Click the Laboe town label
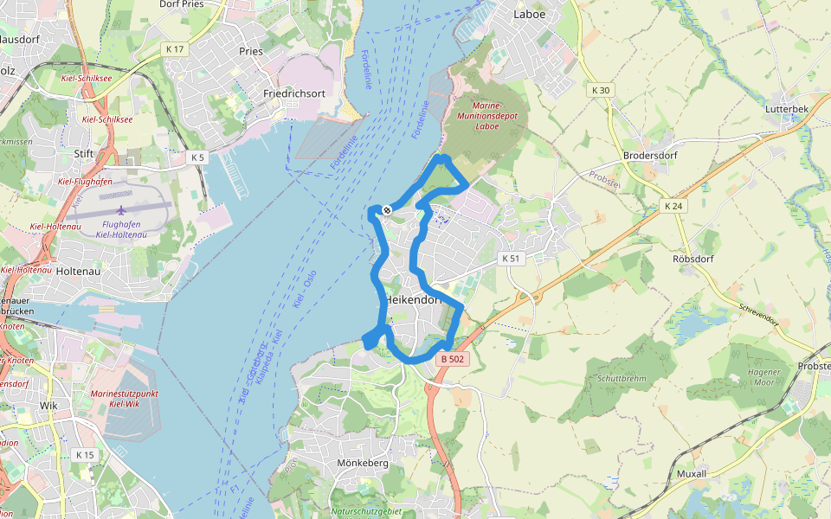coord(531,15)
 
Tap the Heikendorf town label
coord(414,299)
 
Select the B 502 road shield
coord(454,359)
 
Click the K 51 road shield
coord(512,259)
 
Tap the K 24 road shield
coord(673,206)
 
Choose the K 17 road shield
coord(175,49)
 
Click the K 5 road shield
coord(198,157)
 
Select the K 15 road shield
coord(84,455)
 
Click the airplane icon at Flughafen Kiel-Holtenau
coord(122,210)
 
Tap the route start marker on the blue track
coord(387,210)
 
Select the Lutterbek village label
coord(785,110)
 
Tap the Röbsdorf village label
coord(692,259)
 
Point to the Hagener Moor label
coord(762,378)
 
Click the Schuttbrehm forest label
coord(622,379)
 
